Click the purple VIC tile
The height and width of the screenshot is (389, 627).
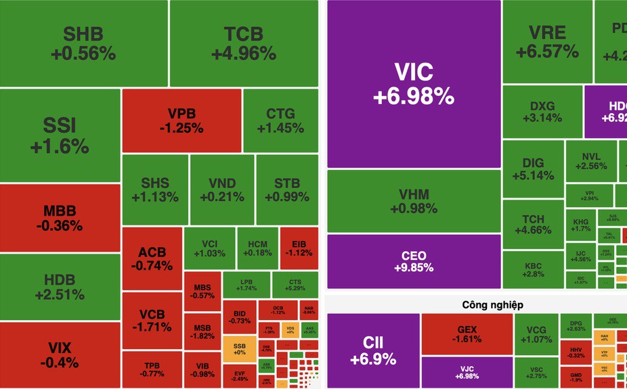(x=414, y=84)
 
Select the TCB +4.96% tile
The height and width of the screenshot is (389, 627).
(x=243, y=43)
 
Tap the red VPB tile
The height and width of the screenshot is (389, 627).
(x=181, y=120)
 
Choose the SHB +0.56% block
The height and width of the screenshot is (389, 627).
(x=83, y=43)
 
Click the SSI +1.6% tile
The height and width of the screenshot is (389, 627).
(x=60, y=135)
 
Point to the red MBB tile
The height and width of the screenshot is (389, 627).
(x=60, y=217)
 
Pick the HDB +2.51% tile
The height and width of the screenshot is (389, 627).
(x=60, y=287)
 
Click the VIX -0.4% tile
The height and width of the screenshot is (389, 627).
(x=60, y=355)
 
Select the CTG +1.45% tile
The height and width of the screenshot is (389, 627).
(x=280, y=120)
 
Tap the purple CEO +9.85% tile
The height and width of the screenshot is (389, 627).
(x=414, y=261)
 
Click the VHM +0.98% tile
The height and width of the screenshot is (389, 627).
(x=414, y=201)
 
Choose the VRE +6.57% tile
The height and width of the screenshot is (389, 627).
(x=547, y=41)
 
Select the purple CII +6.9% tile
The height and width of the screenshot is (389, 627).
(x=372, y=350)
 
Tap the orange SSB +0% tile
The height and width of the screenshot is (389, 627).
(x=238, y=348)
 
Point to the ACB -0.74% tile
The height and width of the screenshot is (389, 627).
(x=152, y=259)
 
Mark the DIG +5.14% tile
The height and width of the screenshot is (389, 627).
(x=533, y=169)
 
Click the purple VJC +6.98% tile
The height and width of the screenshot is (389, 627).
(x=467, y=372)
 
